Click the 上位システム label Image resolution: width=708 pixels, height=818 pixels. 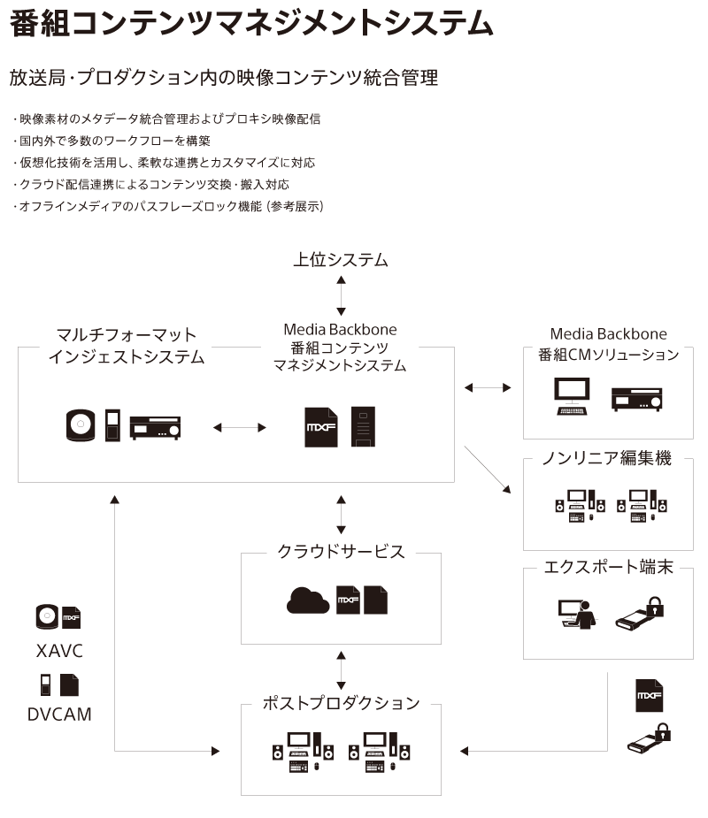click(x=341, y=260)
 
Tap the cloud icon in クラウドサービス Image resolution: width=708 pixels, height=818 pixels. click(x=307, y=600)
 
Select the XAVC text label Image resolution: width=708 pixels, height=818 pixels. click(x=60, y=653)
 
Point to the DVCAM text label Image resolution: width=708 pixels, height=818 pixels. click(x=60, y=714)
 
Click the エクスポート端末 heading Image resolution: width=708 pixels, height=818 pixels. click(x=609, y=568)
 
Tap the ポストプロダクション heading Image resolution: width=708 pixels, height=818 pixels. click(x=341, y=703)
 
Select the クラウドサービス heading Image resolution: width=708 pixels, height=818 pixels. click(x=341, y=552)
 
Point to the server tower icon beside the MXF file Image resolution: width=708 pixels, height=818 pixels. click(x=363, y=426)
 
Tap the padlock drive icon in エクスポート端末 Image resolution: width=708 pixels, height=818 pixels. click(x=640, y=612)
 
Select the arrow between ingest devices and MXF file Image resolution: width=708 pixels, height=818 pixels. click(x=240, y=427)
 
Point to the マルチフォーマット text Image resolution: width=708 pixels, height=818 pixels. click(x=126, y=335)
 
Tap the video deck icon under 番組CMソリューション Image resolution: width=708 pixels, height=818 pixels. click(x=636, y=399)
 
